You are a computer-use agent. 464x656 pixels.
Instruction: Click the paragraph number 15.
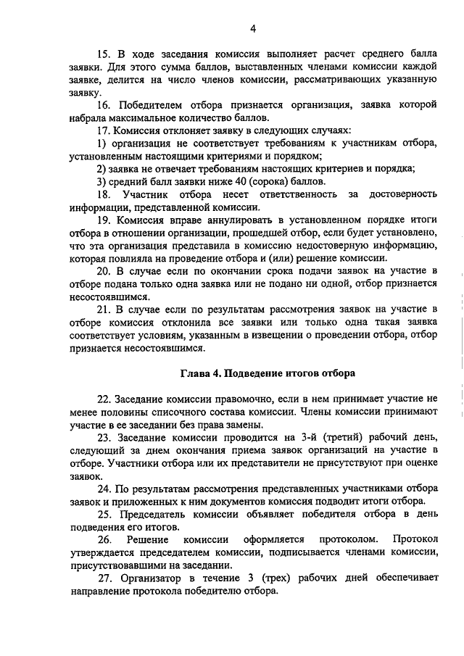103,54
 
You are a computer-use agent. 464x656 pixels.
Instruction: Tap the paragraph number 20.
103,271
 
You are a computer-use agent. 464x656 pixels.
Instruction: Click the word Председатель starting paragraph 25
149,514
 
